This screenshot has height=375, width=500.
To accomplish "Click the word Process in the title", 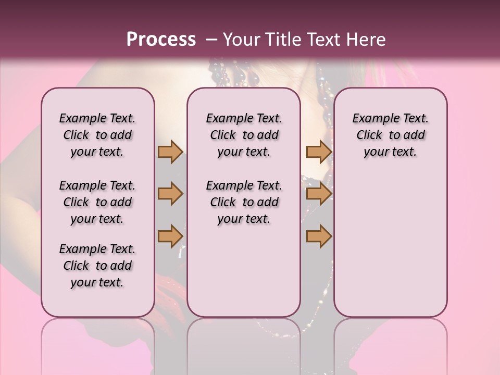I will click(161, 40).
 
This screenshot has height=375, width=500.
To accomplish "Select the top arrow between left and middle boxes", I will click(170, 152).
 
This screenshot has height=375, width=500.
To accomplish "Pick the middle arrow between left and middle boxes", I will click(170, 194).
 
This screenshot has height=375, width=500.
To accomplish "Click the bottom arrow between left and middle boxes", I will click(170, 236).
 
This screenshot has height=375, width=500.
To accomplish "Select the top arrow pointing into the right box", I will click(319, 152).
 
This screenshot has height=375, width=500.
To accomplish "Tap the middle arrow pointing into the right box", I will click(319, 194).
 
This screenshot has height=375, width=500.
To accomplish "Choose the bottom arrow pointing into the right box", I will click(319, 236).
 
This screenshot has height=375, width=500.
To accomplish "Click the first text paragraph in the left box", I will click(97, 135).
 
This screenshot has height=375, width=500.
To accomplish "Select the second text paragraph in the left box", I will click(97, 202).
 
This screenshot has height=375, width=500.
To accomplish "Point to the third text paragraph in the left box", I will click(97, 266).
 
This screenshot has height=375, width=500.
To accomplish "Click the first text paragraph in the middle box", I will click(244, 135).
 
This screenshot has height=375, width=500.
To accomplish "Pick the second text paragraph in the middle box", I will click(244, 202).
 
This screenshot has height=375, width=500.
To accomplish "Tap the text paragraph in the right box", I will click(390, 135).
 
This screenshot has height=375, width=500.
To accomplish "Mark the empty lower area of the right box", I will click(390, 240).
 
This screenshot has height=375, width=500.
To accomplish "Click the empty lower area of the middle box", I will click(244, 271).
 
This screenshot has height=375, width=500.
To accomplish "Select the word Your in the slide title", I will click(238, 40).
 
